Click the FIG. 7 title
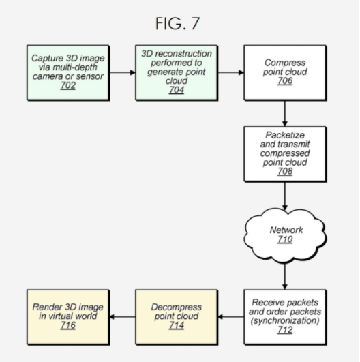(x=177, y=23)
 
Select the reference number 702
(x=68, y=85)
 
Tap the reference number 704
(x=177, y=90)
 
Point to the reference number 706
(x=285, y=81)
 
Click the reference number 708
(x=285, y=171)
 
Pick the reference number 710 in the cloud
(x=285, y=239)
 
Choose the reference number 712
(x=285, y=330)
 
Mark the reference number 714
(x=177, y=325)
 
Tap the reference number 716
(x=68, y=325)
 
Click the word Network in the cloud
(x=286, y=230)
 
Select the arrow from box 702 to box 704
(x=122, y=72)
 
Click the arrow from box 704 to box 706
(x=230, y=72)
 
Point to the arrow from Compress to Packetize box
(x=285, y=114)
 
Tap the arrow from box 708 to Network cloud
(x=285, y=196)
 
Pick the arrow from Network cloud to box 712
(x=285, y=276)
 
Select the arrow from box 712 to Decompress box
(x=230, y=317)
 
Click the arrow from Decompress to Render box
(x=122, y=317)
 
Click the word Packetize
(x=285, y=135)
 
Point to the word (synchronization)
(x=285, y=320)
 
